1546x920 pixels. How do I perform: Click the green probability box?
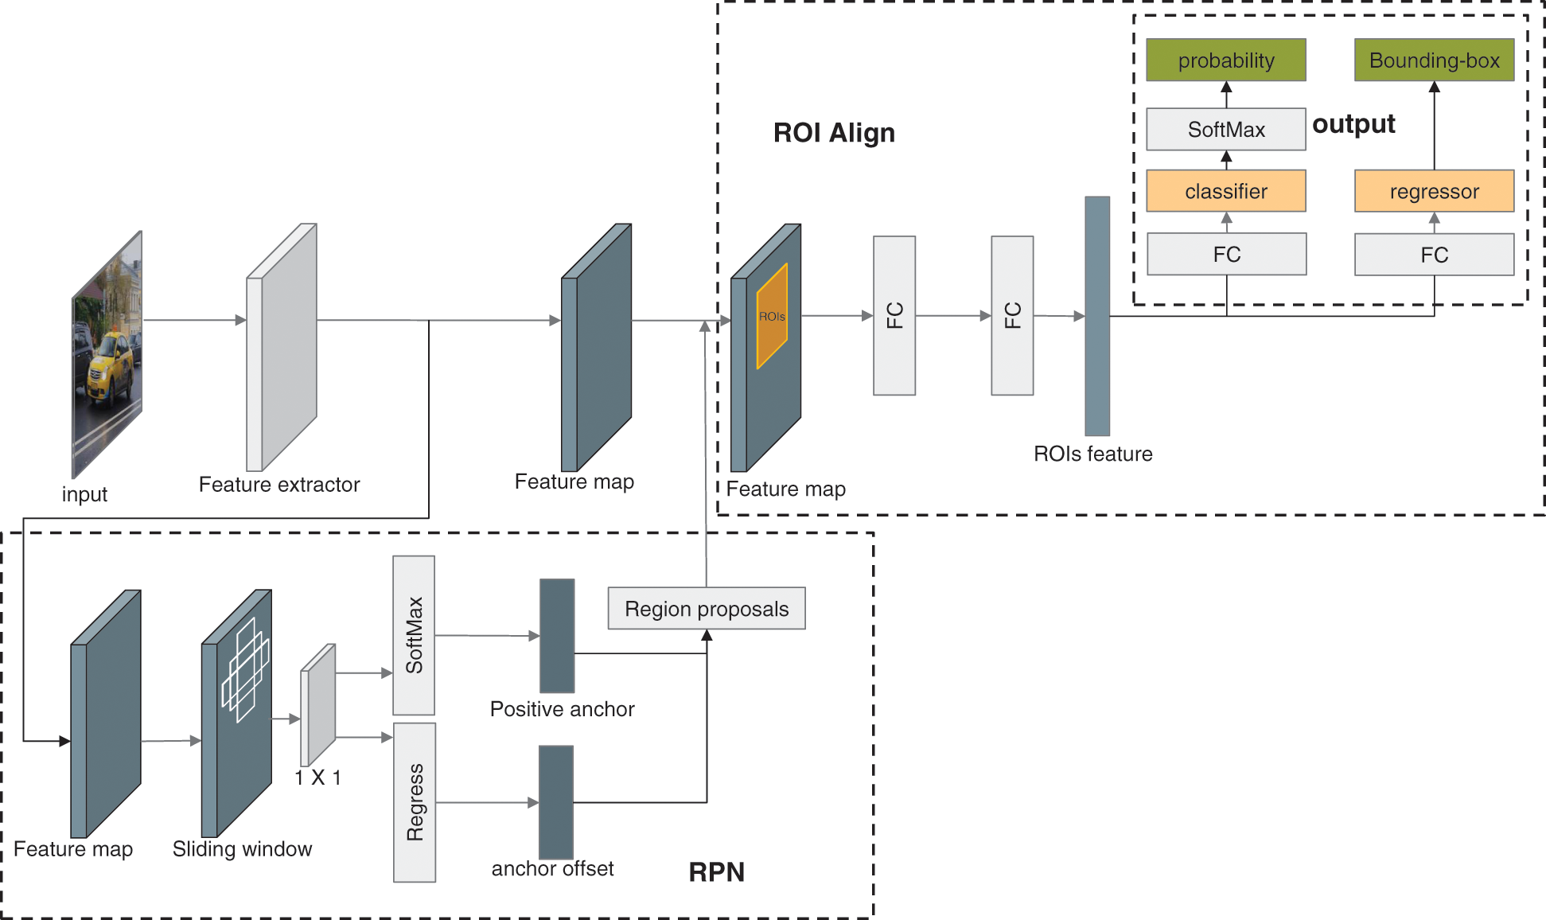(1225, 60)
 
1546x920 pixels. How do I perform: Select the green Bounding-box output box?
(1434, 60)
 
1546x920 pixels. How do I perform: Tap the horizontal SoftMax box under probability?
(1225, 129)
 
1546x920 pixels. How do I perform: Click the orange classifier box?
(1225, 191)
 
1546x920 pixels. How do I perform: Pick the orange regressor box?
(1434, 191)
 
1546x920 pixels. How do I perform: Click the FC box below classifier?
(1225, 254)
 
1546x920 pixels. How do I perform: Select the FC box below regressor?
(1434, 255)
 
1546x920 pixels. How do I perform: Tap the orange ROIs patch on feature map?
(772, 316)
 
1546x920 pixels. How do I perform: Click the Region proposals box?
(707, 609)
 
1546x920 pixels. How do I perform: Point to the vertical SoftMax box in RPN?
(414, 635)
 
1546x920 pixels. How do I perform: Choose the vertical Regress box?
(415, 802)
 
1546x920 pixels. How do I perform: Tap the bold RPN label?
(716, 872)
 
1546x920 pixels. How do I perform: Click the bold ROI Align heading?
(834, 132)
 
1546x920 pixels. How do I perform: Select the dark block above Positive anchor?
(557, 635)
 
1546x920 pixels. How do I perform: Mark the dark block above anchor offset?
(556, 801)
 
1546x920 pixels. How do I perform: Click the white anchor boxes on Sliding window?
(245, 670)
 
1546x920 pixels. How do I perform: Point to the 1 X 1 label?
(317, 778)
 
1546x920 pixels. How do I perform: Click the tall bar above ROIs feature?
(1097, 316)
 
